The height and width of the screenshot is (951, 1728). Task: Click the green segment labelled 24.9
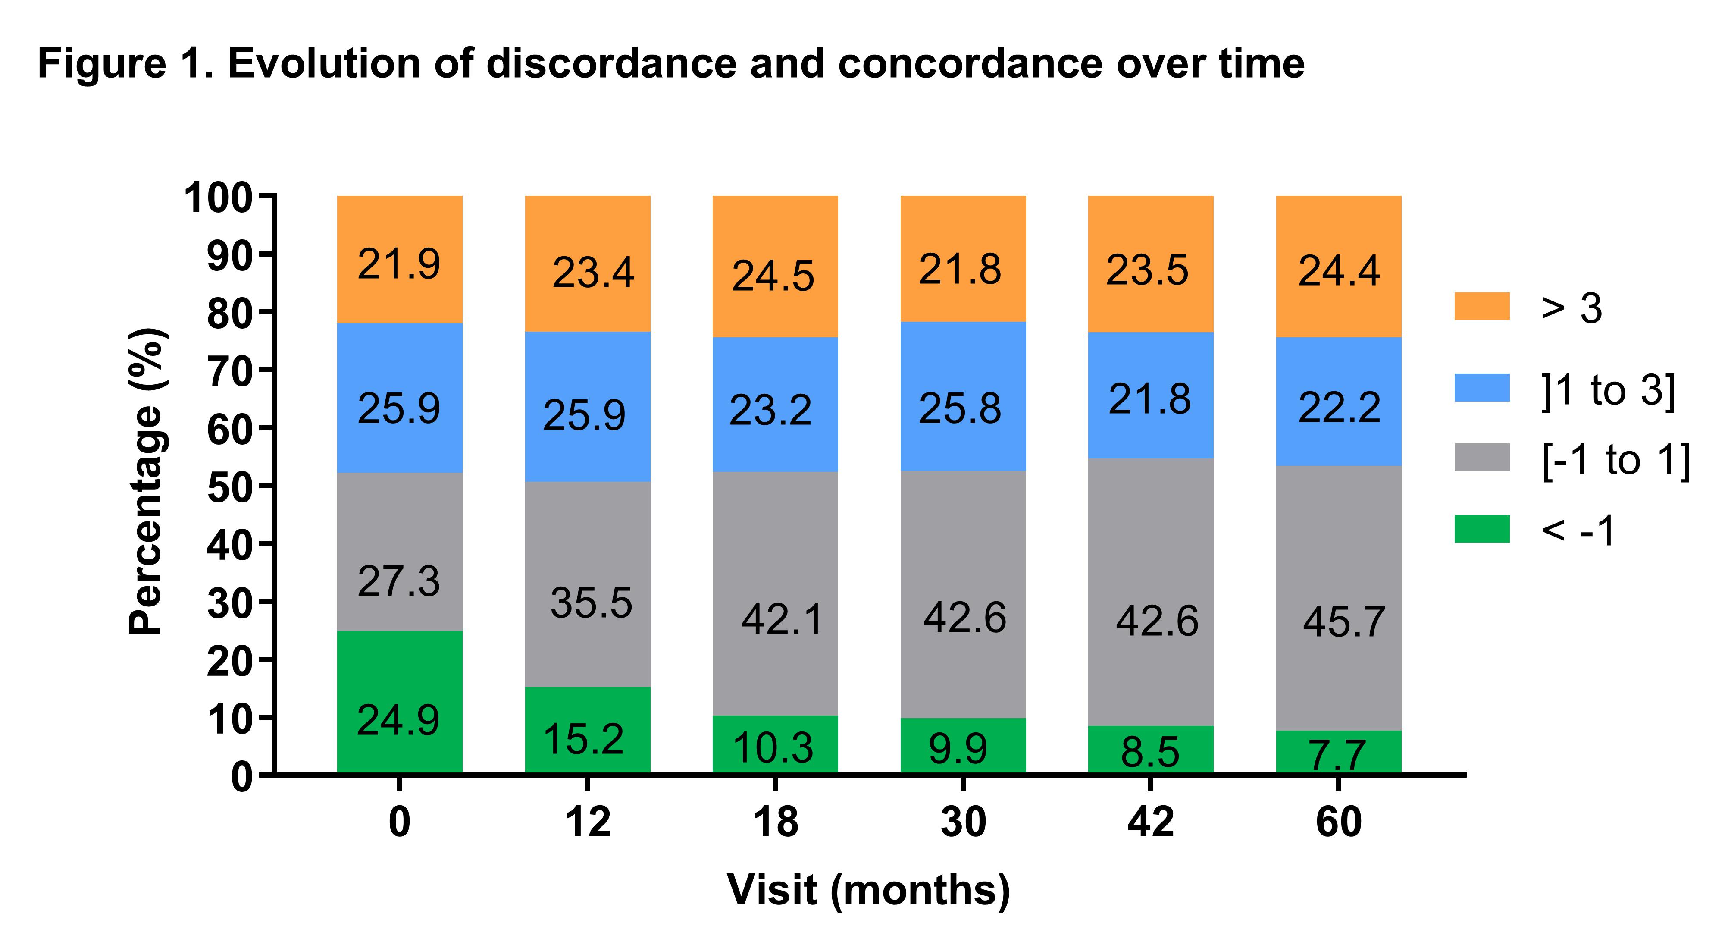[x=399, y=701]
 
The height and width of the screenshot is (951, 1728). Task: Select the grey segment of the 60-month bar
[x=1338, y=597]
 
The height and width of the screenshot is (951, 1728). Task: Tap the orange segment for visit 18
[x=775, y=267]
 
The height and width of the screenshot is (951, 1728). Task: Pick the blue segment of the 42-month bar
[x=1150, y=395]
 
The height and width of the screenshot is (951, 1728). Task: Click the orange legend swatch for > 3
[x=1482, y=307]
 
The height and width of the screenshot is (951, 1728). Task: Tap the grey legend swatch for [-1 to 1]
[x=1482, y=458]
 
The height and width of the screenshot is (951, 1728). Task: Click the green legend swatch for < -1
[x=1482, y=529]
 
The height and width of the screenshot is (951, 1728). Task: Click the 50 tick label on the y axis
[x=228, y=488]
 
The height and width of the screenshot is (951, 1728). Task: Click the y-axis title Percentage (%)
[x=146, y=482]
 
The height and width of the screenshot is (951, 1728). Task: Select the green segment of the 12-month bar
[x=588, y=730]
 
